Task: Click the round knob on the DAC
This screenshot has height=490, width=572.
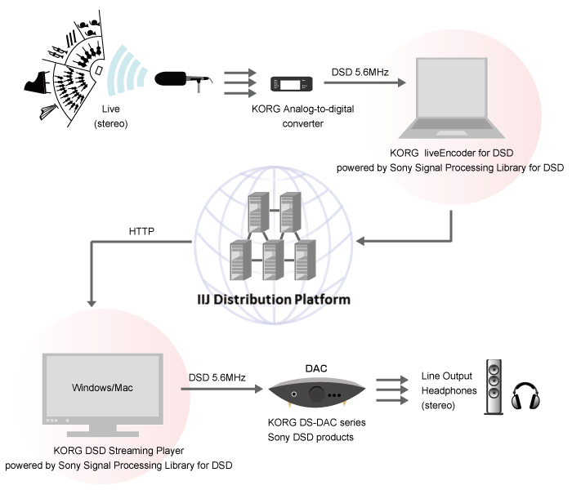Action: point(316,394)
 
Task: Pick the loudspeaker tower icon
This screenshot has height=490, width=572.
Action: point(494,386)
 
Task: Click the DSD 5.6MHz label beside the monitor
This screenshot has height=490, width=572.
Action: point(217,379)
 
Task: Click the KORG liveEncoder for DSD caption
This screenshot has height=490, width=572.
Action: point(450,154)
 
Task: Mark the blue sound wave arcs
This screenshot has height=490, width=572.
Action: point(124,73)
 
